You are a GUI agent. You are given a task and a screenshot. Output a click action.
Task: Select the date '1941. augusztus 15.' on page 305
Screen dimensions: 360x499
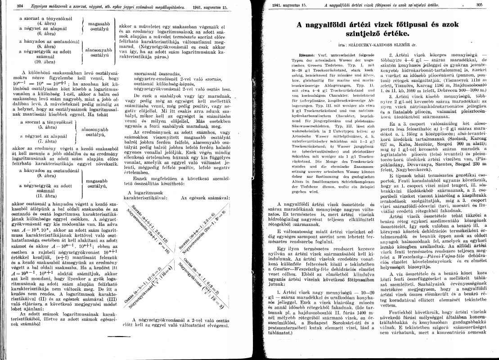[288, 5]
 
